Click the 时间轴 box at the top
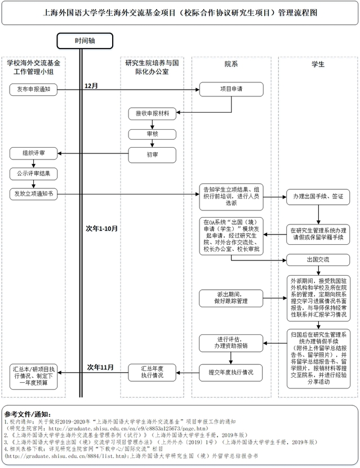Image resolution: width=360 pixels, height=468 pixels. (x=84, y=41)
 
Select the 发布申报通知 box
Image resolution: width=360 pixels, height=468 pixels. (x=34, y=89)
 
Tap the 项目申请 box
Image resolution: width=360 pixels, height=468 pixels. (x=231, y=89)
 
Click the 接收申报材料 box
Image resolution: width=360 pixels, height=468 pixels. (x=152, y=113)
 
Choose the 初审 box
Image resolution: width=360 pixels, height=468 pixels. (x=152, y=153)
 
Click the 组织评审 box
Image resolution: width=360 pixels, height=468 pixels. (x=34, y=153)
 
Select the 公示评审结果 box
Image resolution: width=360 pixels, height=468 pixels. (x=34, y=173)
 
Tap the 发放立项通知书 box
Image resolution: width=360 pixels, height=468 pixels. (x=34, y=193)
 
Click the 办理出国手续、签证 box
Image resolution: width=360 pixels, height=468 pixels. (x=318, y=197)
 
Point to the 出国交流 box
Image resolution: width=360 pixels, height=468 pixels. (x=318, y=260)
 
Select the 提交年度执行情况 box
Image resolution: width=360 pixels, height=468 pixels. (x=231, y=373)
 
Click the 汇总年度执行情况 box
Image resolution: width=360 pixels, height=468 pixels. (x=152, y=372)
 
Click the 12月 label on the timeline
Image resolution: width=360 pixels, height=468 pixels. (x=91, y=85)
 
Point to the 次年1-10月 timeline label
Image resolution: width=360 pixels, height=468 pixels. (x=101, y=228)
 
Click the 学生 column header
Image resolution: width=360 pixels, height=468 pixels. (x=318, y=64)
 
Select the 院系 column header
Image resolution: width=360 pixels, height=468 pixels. (x=231, y=64)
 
